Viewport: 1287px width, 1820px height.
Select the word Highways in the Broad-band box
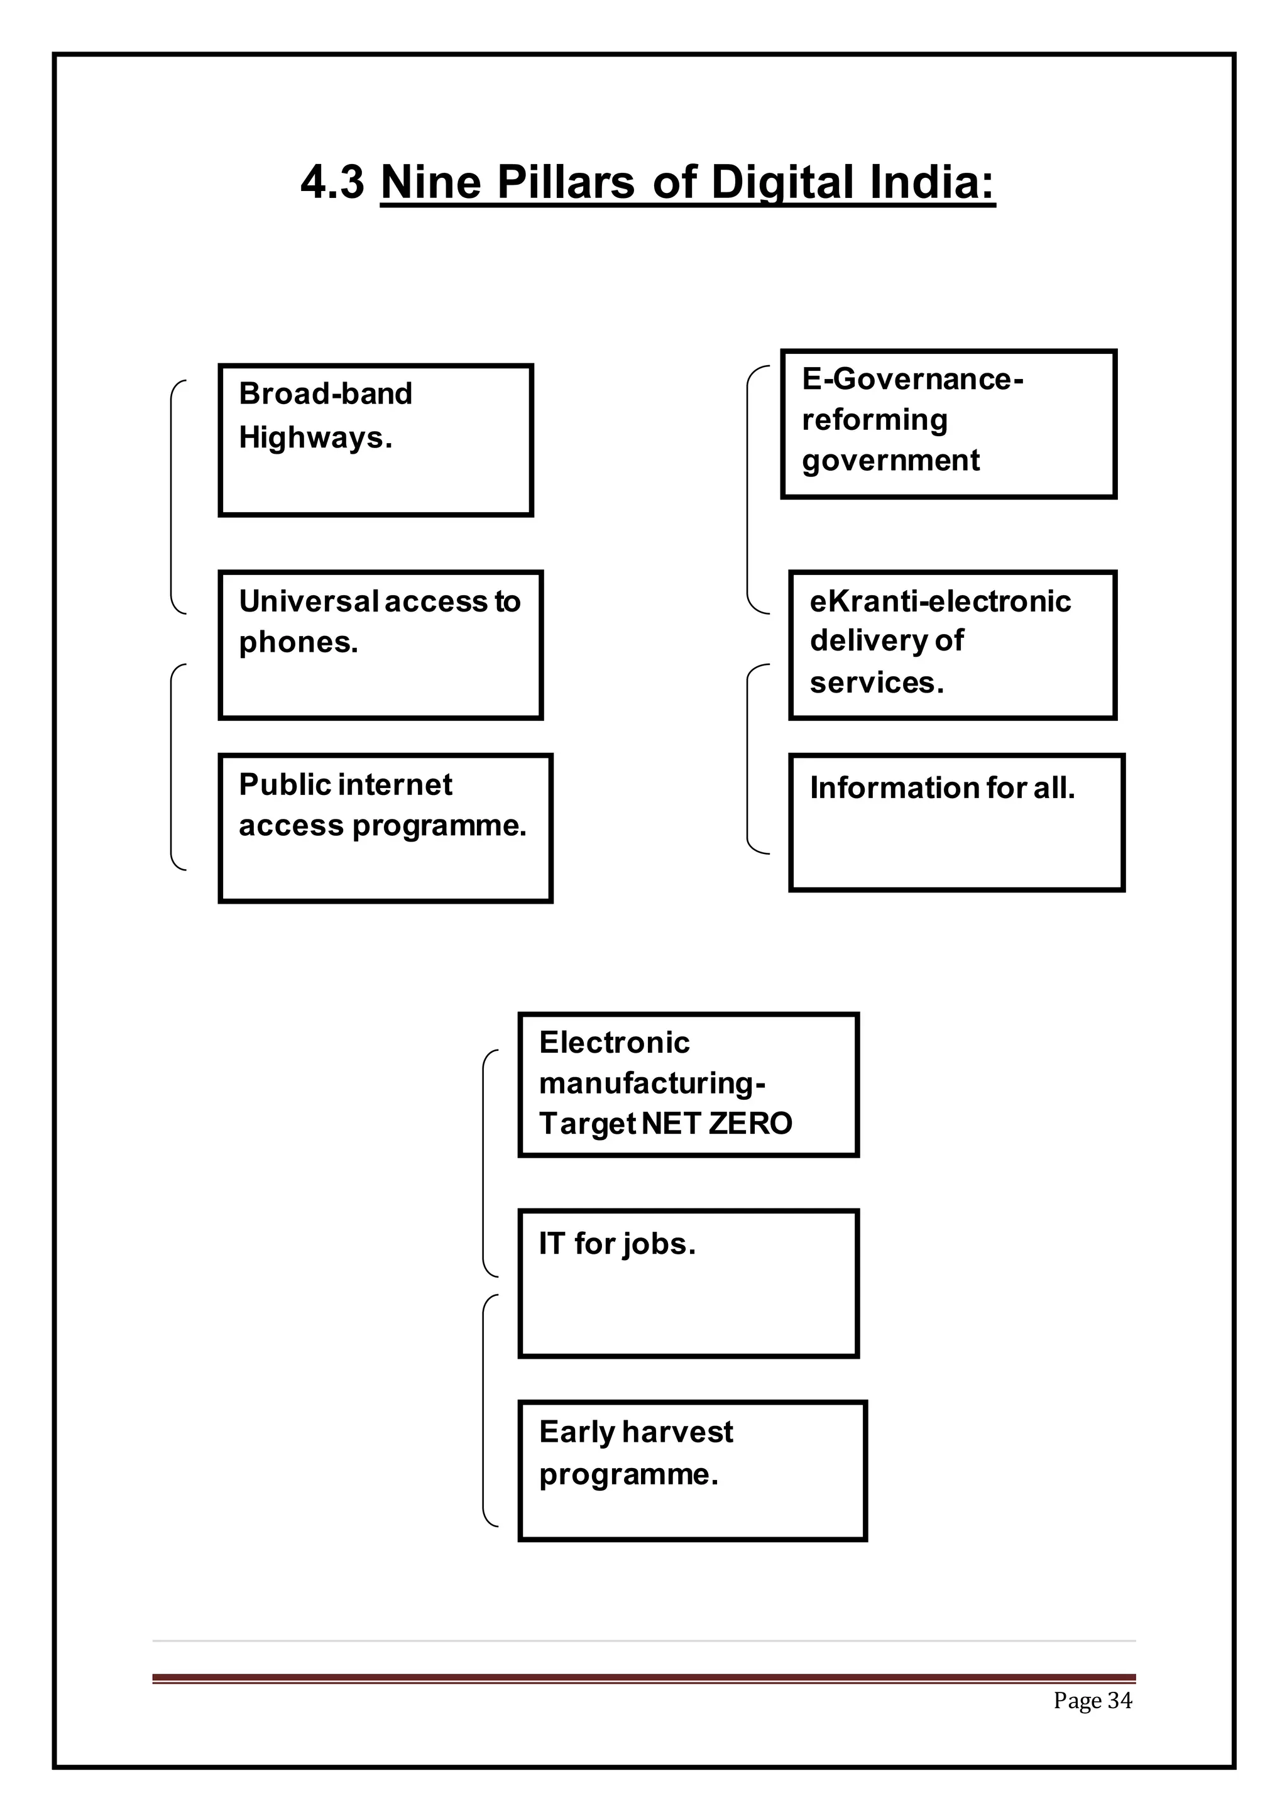point(315,437)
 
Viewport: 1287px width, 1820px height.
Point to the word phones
point(298,643)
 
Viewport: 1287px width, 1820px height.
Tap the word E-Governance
point(911,379)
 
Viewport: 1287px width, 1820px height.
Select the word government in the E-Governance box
point(890,461)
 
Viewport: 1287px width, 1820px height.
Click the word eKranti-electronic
point(940,601)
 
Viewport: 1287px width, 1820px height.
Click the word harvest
point(677,1432)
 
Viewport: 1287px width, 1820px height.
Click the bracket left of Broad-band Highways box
point(172,497)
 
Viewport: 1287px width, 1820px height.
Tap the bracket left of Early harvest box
point(485,1410)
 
